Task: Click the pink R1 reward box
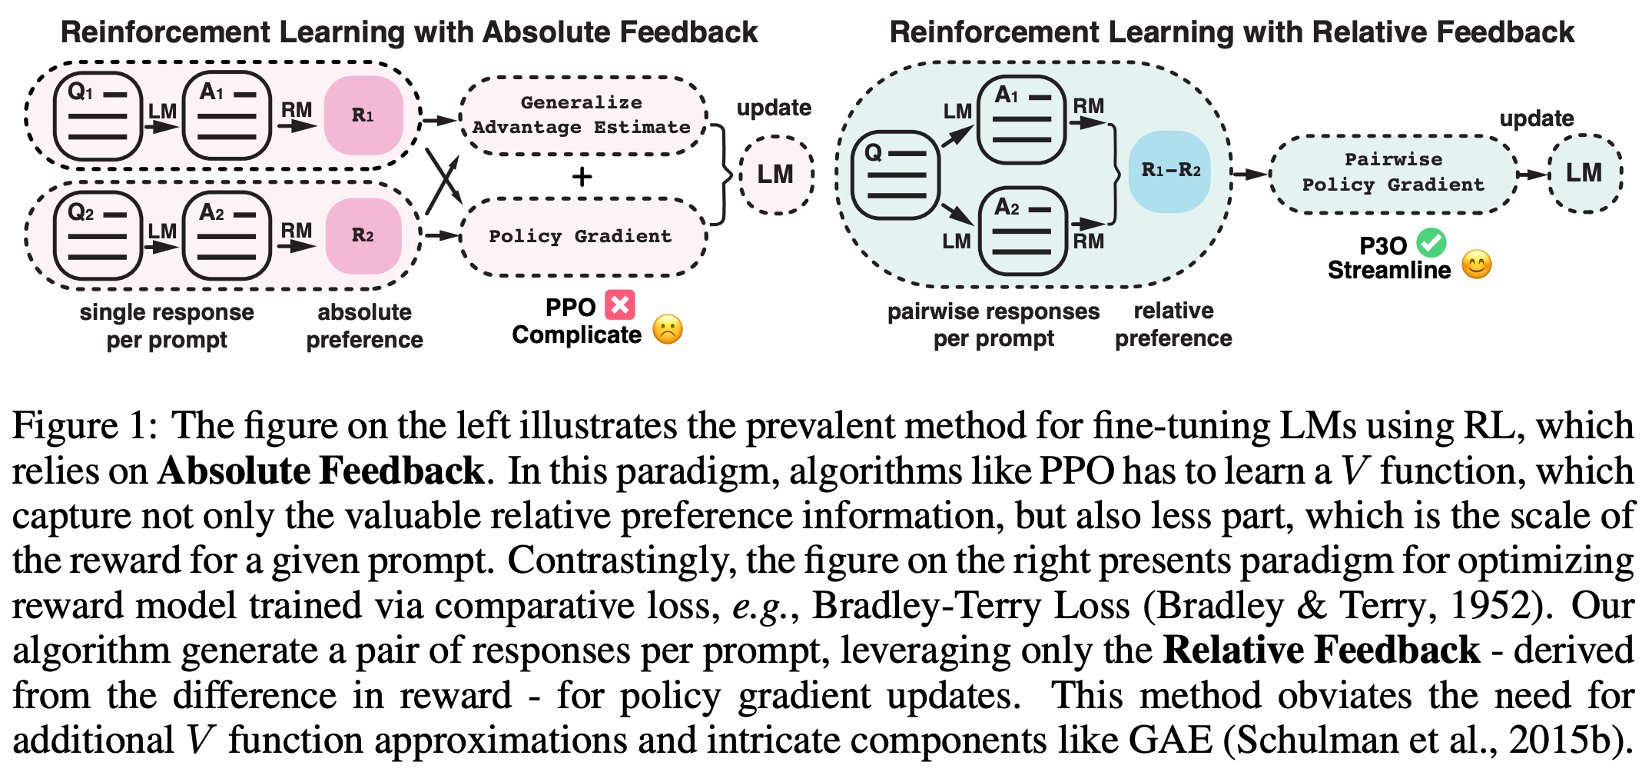point(363,115)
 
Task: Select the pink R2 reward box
point(363,235)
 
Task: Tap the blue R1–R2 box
point(1170,171)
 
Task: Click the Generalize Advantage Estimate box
point(582,115)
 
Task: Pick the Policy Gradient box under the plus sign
point(582,236)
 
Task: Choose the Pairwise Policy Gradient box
point(1393,173)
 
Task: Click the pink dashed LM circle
point(776,175)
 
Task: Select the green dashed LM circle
point(1584,173)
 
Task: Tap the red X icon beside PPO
point(620,304)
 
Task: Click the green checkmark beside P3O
point(1431,243)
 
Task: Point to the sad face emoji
point(668,330)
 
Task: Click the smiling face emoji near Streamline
point(1476,265)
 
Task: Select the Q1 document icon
point(98,116)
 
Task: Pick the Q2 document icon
point(98,236)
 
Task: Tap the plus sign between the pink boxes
point(582,177)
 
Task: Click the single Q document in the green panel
point(896,175)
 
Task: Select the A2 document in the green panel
point(1023,231)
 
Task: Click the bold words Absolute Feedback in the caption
point(320,471)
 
